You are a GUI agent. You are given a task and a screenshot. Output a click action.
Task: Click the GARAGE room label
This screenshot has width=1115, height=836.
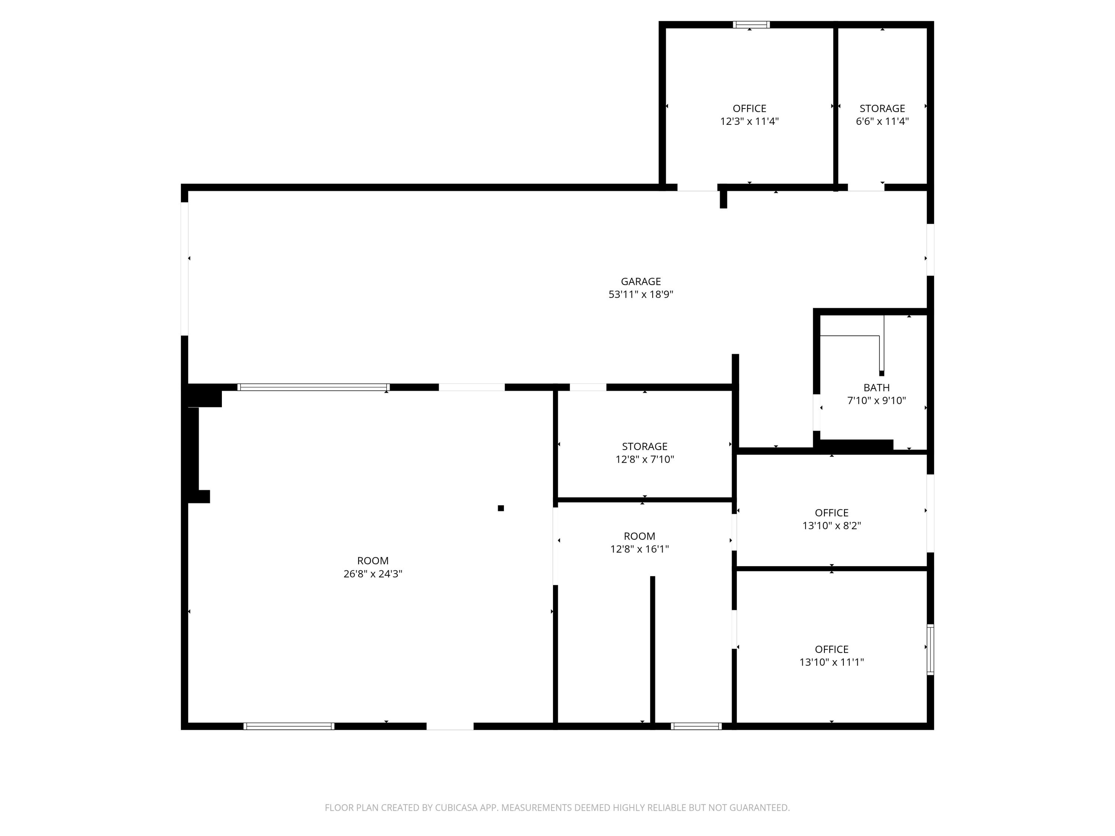[641, 282]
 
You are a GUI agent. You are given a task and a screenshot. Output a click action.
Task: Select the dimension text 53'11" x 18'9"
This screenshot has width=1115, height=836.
[641, 295]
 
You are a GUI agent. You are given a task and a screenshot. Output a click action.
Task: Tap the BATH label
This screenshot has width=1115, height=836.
[876, 388]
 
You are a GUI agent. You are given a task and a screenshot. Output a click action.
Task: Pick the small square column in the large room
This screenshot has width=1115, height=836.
[501, 508]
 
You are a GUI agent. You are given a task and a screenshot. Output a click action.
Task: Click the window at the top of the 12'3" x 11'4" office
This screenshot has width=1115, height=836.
[751, 25]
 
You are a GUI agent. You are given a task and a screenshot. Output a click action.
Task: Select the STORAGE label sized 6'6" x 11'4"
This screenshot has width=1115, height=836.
[882, 108]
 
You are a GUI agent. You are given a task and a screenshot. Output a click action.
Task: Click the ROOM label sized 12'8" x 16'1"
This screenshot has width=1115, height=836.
[639, 536]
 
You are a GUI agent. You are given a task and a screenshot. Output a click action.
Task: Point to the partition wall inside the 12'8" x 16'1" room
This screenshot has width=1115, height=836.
[652, 650]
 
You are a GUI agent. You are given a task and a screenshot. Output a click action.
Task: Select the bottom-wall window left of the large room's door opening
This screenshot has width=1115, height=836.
[288, 726]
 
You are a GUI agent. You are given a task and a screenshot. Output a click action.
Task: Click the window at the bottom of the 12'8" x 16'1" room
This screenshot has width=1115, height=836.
[696, 726]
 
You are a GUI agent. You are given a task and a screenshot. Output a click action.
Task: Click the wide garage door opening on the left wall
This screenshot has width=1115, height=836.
[184, 269]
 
